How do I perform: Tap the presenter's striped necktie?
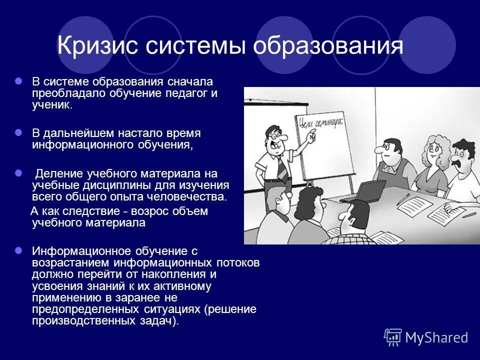point(283,169)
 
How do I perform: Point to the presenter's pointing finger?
point(314,134)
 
